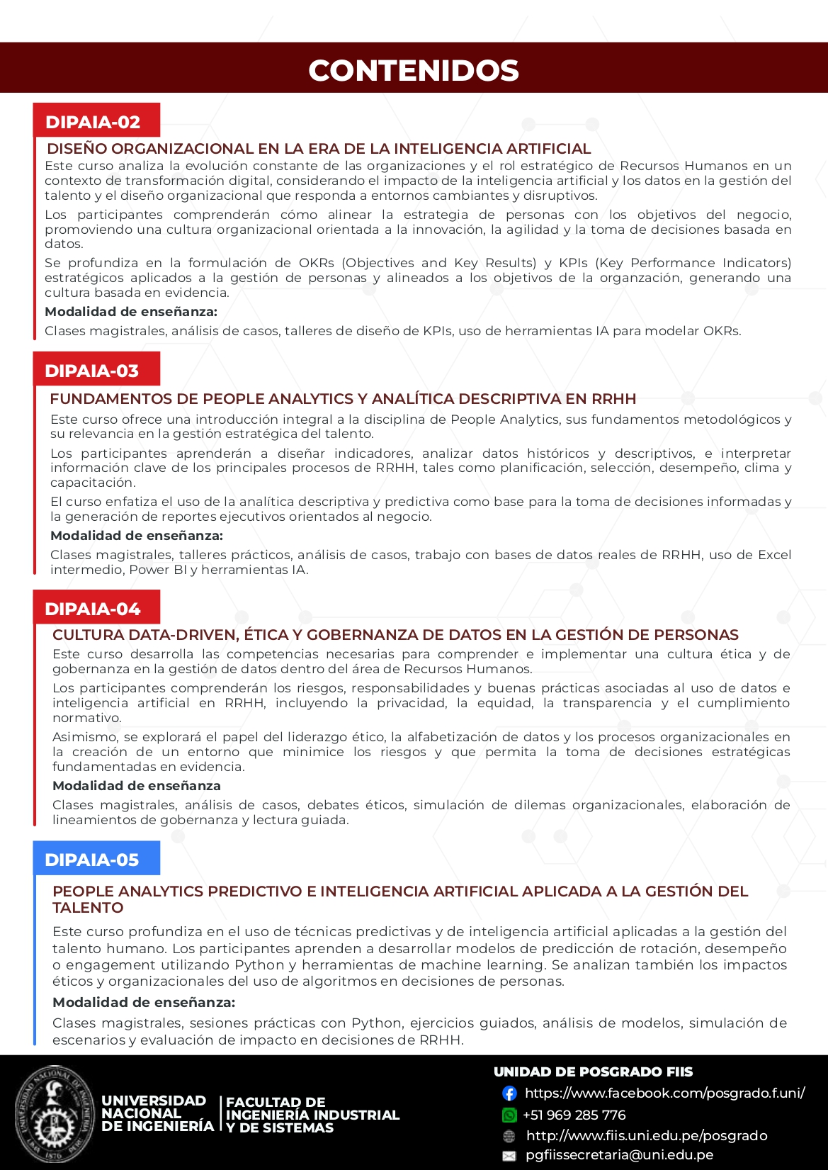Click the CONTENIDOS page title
(x=414, y=70)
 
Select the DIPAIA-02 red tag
(x=93, y=122)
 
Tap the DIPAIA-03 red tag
(x=92, y=371)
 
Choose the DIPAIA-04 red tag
(x=93, y=609)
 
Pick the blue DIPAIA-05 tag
(x=92, y=860)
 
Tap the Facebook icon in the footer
(x=509, y=1093)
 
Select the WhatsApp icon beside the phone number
(x=509, y=1115)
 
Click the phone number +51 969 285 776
(x=574, y=1115)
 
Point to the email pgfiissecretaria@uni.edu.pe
(x=619, y=1155)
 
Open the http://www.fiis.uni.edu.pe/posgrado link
(x=646, y=1136)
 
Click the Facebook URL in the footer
(x=664, y=1093)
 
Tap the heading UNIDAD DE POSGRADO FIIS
(x=593, y=1072)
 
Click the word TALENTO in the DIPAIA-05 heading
(x=88, y=908)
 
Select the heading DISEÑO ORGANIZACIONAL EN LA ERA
(x=319, y=149)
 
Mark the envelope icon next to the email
(x=509, y=1156)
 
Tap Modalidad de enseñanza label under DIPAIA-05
(x=144, y=1002)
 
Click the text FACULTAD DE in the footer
(x=276, y=1103)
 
